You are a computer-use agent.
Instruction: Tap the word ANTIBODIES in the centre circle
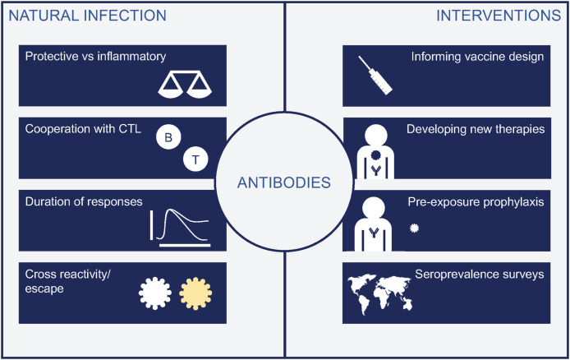point(285,180)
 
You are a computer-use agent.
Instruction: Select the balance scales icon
point(187,83)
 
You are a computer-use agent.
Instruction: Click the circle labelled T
point(195,159)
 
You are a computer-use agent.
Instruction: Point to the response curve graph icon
point(183,226)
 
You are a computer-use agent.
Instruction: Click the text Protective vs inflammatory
point(95,57)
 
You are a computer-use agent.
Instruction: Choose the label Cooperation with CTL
point(81,128)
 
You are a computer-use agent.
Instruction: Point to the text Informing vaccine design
point(477,57)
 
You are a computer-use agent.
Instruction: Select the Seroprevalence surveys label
point(489,274)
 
